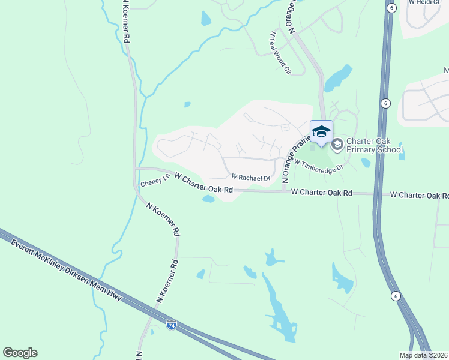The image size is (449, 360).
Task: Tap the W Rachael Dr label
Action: tap(251, 177)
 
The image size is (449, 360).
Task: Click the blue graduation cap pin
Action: tap(321, 131)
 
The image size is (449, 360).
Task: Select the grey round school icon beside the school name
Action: tap(337, 143)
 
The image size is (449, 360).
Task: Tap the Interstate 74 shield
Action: tap(172, 325)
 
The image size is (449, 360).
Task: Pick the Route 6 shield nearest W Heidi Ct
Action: tap(391, 8)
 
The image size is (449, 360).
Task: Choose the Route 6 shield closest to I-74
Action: tap(395, 296)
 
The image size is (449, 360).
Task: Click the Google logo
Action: tap(20, 353)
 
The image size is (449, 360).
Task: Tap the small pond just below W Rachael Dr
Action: tap(208, 199)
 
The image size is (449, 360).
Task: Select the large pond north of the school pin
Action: tap(338, 77)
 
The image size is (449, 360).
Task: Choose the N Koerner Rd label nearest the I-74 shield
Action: tap(169, 280)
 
